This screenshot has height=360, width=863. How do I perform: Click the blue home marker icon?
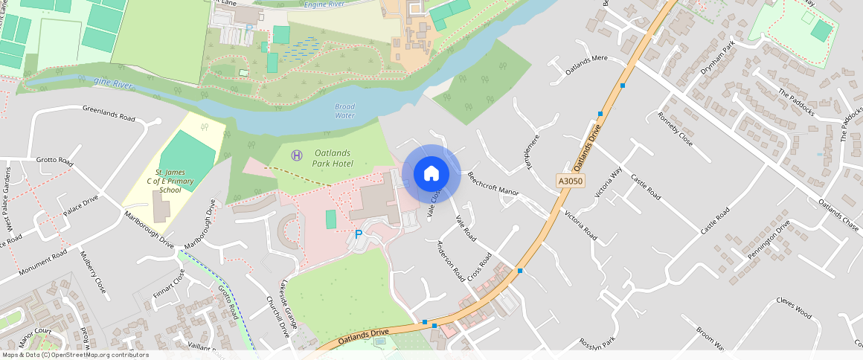(431, 173)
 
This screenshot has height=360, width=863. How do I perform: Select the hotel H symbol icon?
(297, 154)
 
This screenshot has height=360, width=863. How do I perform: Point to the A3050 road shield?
(569, 181)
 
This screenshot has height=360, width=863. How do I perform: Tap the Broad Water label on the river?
(345, 111)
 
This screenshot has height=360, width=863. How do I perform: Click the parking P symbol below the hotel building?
(358, 234)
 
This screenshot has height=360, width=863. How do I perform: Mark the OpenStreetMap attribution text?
(75, 355)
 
